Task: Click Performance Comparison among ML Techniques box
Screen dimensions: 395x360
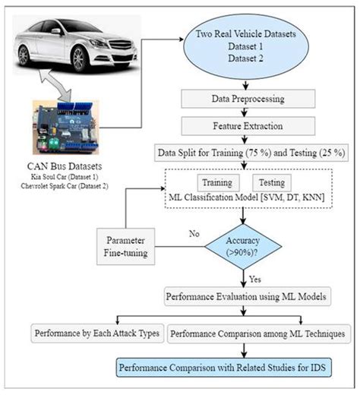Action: click(x=257, y=333)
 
